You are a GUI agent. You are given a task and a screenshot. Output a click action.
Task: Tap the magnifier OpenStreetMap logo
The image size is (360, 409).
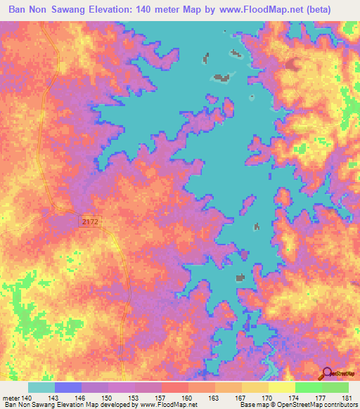click(328, 374)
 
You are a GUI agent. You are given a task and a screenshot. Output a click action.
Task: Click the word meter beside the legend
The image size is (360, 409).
click(11, 398)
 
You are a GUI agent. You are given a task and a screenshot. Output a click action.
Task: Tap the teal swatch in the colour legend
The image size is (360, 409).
click(41, 387)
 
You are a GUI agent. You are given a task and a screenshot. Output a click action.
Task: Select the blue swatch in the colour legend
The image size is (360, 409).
click(68, 387)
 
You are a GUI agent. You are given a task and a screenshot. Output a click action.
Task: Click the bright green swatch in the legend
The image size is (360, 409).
click(309, 387)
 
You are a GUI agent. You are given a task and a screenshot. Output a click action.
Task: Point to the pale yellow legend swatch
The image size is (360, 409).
click(282, 387)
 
